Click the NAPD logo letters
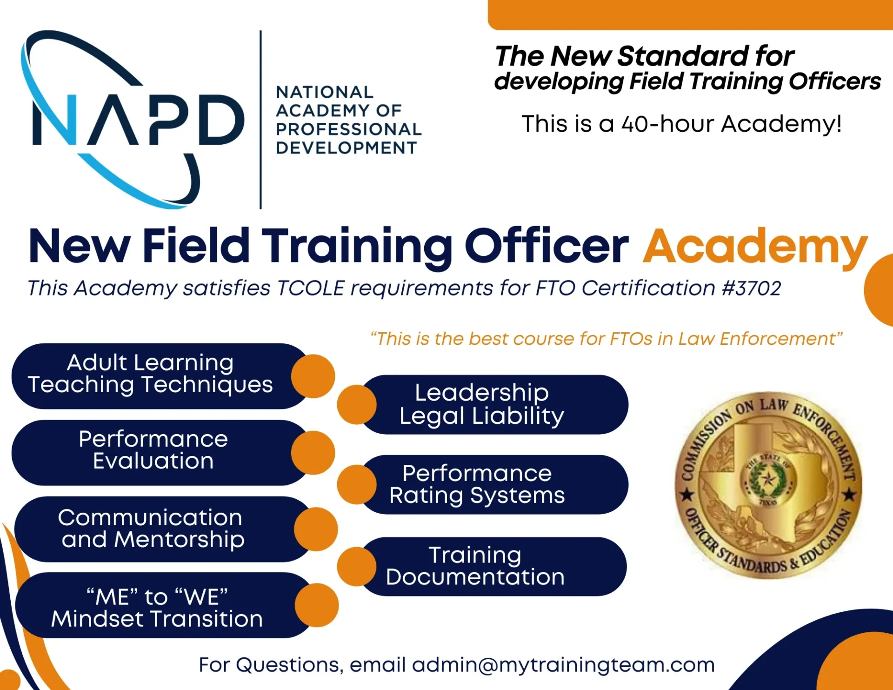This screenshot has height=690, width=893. [138, 120]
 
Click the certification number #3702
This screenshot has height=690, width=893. [752, 288]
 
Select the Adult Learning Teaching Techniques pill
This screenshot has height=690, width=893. [160, 376]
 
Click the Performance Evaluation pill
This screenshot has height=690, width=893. [160, 453]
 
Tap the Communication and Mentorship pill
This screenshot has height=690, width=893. [163, 529]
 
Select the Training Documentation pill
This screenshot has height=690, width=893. [493, 566]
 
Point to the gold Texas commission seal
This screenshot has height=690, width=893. [768, 485]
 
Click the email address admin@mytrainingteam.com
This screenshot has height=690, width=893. [563, 665]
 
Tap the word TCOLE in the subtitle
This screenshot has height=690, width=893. [311, 288]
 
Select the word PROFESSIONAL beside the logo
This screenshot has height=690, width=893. [348, 129]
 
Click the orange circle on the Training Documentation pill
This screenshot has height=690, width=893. [357, 567]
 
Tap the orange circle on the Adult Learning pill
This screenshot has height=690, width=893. [313, 376]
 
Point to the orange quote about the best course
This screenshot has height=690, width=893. [606, 339]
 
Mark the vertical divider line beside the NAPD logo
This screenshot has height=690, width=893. [260, 120]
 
